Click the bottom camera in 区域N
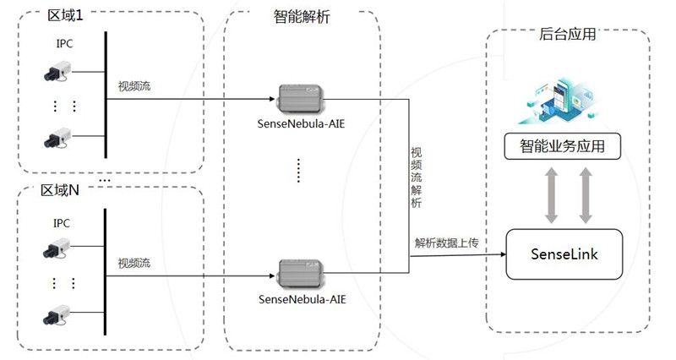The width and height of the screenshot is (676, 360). click(x=57, y=314)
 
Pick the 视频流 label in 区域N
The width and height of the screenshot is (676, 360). click(x=134, y=263)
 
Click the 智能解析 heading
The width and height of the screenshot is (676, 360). click(x=302, y=16)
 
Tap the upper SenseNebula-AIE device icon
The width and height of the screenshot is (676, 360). click(x=302, y=98)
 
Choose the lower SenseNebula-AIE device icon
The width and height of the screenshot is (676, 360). click(x=302, y=273)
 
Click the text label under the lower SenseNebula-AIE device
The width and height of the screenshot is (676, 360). click(x=302, y=298)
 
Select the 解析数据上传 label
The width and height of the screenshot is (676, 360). click(x=446, y=243)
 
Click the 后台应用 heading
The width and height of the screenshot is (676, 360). click(x=567, y=35)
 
